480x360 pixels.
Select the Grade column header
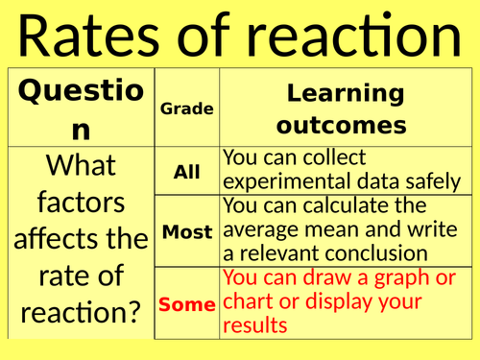(x=186, y=109)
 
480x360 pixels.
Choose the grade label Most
(x=186, y=232)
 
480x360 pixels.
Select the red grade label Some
(x=186, y=304)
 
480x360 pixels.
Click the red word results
(x=253, y=325)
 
